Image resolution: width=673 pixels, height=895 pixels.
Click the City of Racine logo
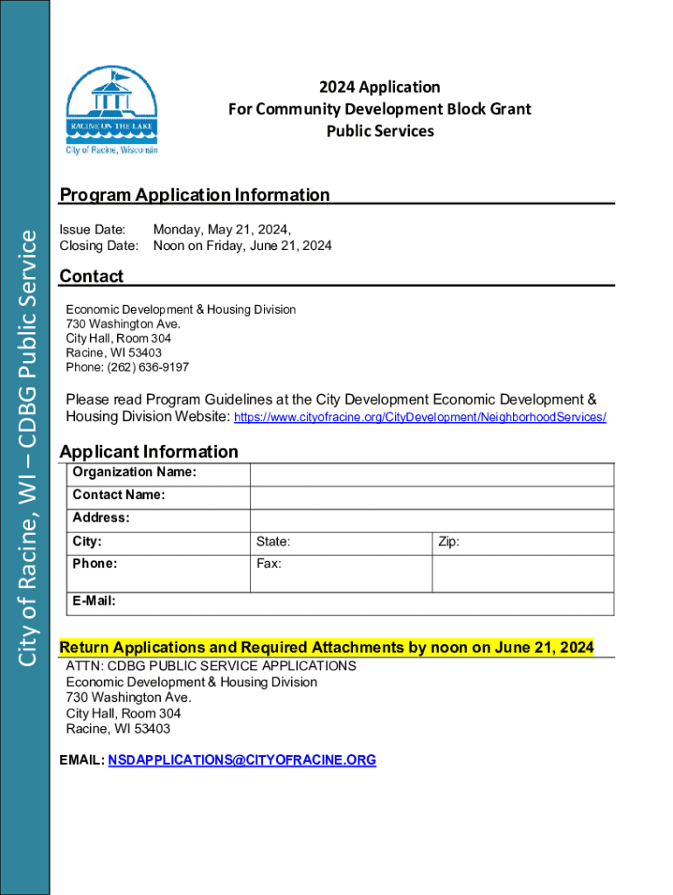[x=112, y=109]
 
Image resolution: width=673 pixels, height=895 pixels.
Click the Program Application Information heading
[x=194, y=195]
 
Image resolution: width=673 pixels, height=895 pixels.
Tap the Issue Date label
[x=92, y=230]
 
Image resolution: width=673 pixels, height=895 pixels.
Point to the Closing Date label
[x=99, y=246]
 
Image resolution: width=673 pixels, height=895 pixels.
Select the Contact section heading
[x=91, y=276]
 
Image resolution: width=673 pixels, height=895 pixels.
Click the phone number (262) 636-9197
[x=127, y=367]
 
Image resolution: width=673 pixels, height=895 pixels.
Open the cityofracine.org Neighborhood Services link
[x=420, y=418]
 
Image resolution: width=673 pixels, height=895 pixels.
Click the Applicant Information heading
[x=149, y=451]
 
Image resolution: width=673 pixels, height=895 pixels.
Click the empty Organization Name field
[x=432, y=474]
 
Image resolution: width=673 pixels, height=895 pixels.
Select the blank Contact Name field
[x=432, y=496]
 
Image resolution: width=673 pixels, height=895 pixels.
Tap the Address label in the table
[x=101, y=518]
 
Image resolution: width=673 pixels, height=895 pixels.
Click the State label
[x=273, y=542]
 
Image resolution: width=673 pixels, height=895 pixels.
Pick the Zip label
[x=448, y=542]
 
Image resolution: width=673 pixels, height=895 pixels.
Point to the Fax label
[x=268, y=564]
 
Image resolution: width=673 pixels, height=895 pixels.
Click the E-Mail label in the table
[x=94, y=601]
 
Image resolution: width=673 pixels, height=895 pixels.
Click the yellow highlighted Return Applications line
[x=326, y=648]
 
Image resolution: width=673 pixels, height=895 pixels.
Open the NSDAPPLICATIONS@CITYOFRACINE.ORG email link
[x=242, y=760]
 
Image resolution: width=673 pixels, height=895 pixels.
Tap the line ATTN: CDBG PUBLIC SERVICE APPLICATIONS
[x=211, y=666]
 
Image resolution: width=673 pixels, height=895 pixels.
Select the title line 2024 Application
[x=379, y=87]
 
